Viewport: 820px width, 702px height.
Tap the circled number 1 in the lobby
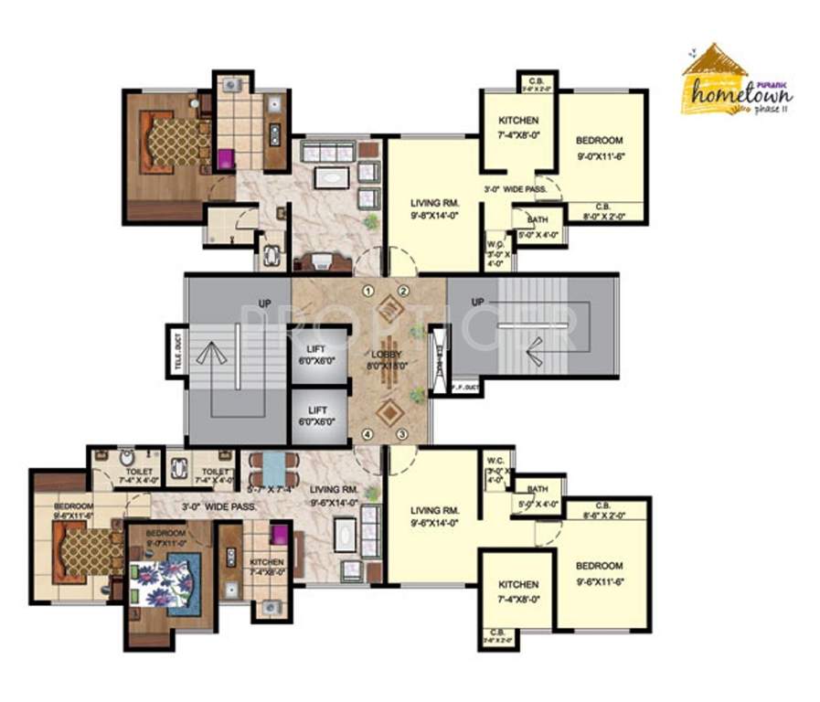point(367,292)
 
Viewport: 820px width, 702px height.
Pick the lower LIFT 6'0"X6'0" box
point(318,416)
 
